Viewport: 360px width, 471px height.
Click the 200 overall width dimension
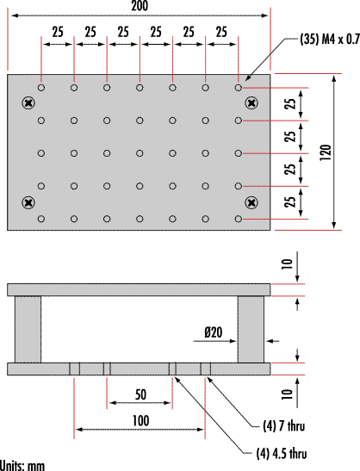140,6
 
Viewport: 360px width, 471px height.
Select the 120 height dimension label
326,152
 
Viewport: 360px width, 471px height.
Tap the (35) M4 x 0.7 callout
330,40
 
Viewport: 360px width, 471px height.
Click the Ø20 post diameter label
214,332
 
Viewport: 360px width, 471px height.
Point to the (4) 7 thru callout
283,426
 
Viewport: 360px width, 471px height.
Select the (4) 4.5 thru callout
282,453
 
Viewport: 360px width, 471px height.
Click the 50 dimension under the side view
140,394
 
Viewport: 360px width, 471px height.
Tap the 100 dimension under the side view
140,421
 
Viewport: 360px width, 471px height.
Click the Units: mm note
22,466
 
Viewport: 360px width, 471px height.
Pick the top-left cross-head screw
28,103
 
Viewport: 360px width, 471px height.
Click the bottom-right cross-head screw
251,202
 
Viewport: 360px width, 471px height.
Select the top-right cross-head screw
251,103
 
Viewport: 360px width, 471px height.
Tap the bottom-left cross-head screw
28,202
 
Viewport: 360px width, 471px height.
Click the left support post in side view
28,330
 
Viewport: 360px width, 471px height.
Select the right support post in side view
251,330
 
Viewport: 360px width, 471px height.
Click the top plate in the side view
139,290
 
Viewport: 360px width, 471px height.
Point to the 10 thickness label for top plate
287,264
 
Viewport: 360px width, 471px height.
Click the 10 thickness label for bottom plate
287,394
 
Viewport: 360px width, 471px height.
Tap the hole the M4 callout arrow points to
239,88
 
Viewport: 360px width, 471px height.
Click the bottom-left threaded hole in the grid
41,219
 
